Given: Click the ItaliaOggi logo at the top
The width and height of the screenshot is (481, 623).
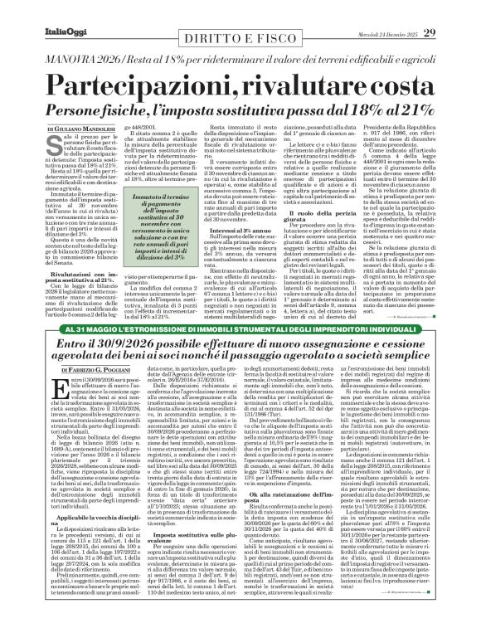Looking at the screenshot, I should (x=40, y=10).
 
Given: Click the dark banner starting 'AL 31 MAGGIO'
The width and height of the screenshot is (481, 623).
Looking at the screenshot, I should (x=240, y=331).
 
